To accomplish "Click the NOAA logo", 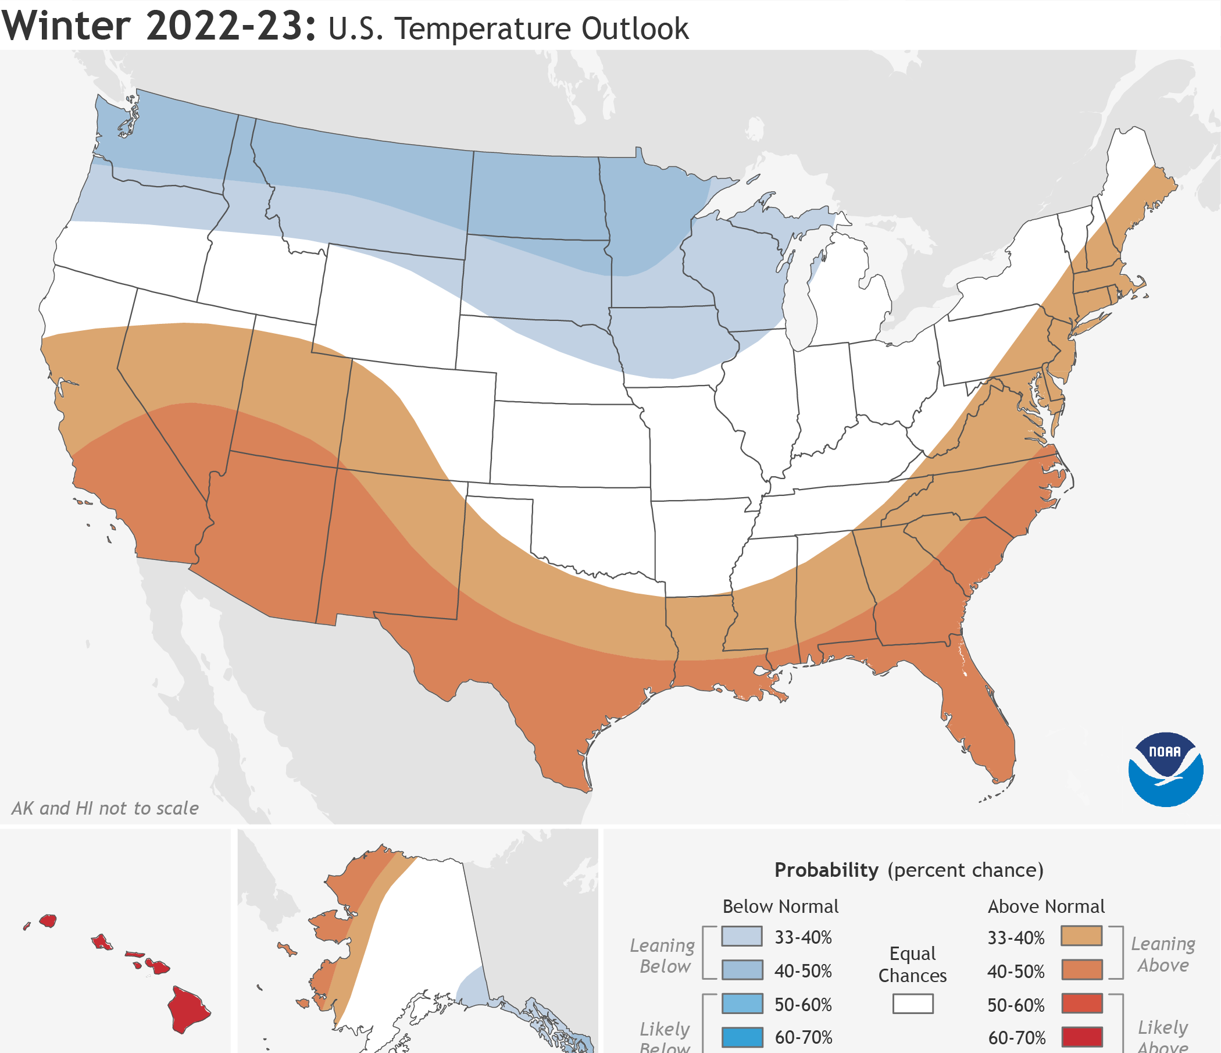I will (x=1165, y=769).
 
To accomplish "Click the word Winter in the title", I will (x=66, y=27).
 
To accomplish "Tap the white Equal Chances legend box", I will (x=912, y=1004).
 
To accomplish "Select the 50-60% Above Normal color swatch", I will (x=1081, y=1004).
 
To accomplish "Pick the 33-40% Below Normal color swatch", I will (x=742, y=936).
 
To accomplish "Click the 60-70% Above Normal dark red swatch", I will (x=1081, y=1037).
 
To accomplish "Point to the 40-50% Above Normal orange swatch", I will (x=1081, y=970).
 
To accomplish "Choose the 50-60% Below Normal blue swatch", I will (x=742, y=1004).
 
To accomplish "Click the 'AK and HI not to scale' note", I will (x=105, y=808).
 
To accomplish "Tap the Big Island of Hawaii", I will (x=187, y=1009).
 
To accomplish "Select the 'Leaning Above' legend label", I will (x=1163, y=955).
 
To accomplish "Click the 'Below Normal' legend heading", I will (x=780, y=906).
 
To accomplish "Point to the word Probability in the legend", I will (x=826, y=870).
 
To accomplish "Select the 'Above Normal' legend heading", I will (x=1046, y=906).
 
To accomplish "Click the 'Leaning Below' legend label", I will (x=663, y=956).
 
